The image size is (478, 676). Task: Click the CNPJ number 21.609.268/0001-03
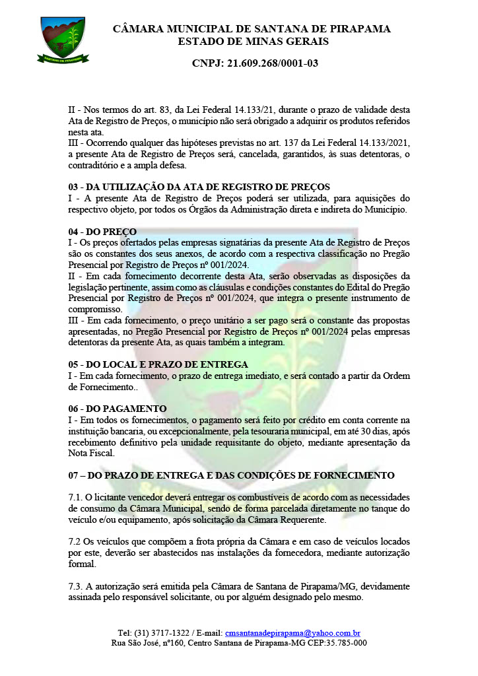click(x=255, y=63)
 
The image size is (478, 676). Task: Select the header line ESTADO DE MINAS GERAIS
click(x=253, y=42)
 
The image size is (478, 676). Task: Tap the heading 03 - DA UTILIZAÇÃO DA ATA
click(x=199, y=187)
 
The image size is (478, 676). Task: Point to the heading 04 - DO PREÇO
click(x=102, y=232)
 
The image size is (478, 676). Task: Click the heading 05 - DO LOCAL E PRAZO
click(x=158, y=364)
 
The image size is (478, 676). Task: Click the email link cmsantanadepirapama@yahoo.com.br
click(x=292, y=632)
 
